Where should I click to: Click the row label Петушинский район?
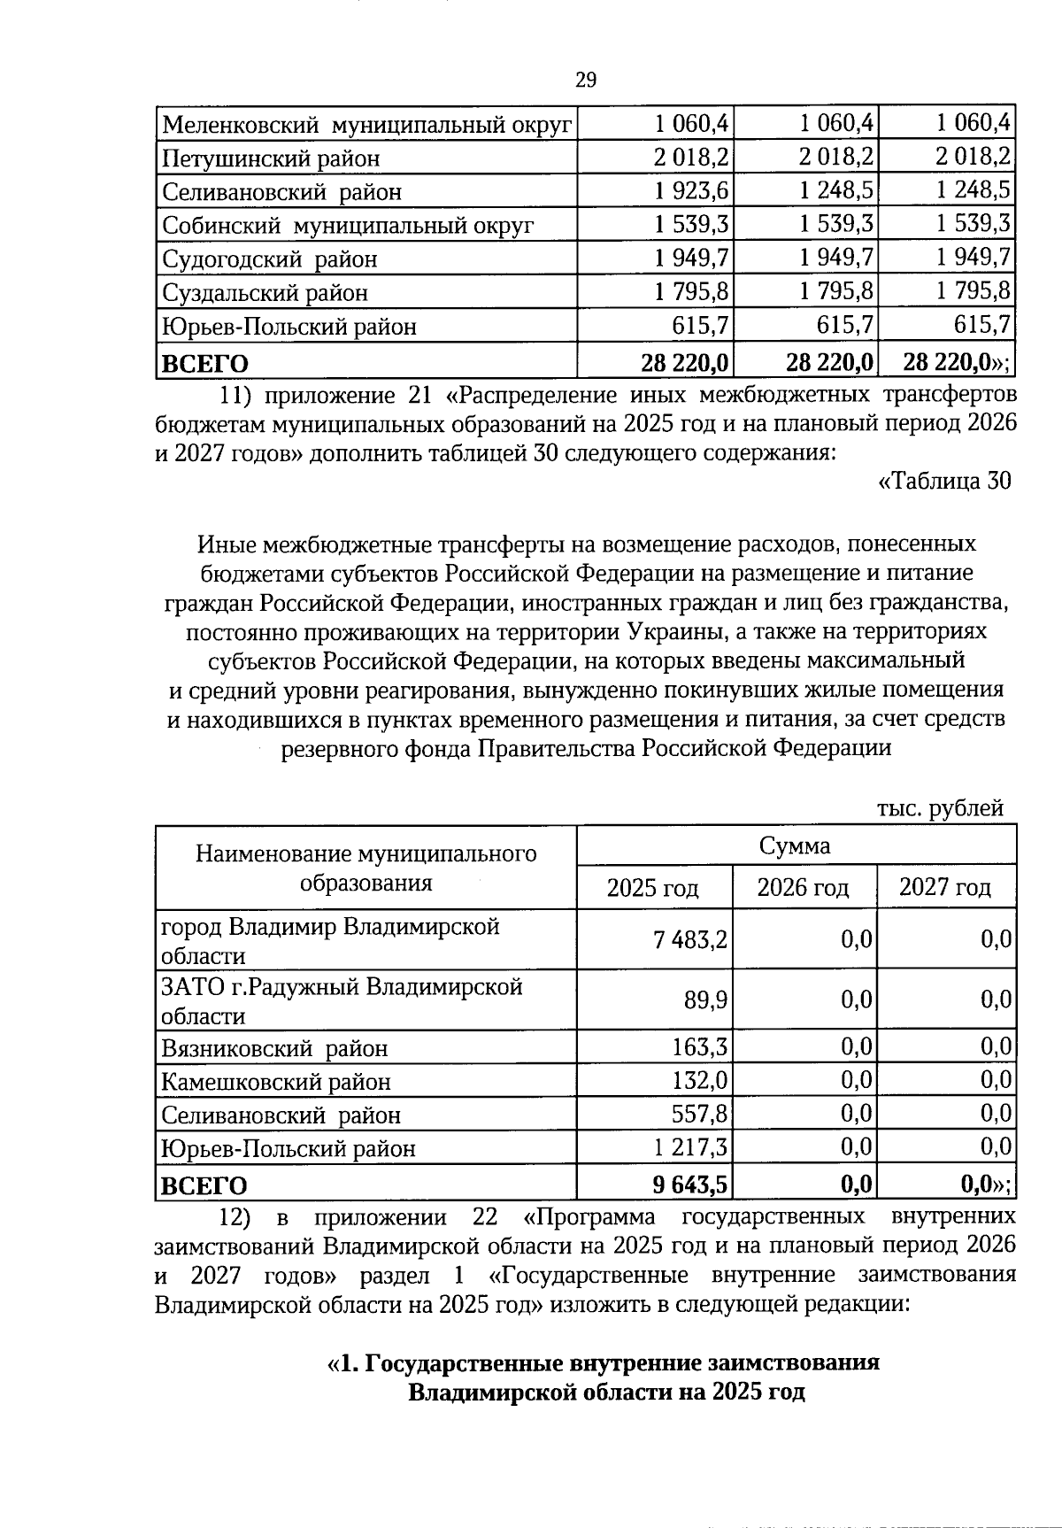tap(271, 158)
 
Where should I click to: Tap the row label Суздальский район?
tap(265, 292)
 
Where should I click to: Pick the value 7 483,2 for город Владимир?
tap(691, 939)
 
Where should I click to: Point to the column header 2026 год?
tap(803, 887)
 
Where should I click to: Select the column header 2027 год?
tap(944, 887)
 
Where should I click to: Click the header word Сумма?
tap(795, 846)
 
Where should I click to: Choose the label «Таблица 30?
tap(943, 481)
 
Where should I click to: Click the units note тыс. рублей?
tap(940, 807)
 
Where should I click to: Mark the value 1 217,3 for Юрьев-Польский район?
tap(691, 1148)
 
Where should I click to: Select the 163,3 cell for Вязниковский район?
tap(700, 1048)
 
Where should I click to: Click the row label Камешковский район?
tap(275, 1082)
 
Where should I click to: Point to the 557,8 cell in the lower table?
tap(700, 1115)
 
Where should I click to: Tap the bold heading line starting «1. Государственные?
tap(604, 1362)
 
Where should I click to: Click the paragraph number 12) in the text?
tap(235, 1216)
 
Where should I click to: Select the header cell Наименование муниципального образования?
tap(366, 868)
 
